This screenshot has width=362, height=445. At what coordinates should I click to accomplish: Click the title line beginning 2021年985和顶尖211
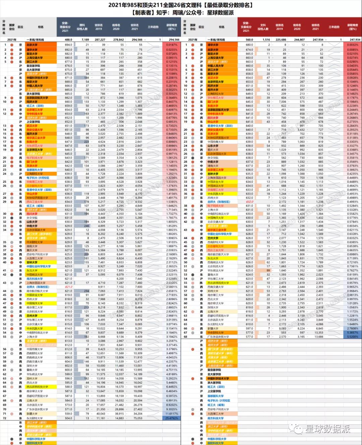click(x=181, y=5)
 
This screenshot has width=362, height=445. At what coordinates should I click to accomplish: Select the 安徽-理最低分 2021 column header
click(x=65, y=27)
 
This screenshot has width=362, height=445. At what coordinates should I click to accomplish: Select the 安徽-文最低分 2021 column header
click(x=246, y=27)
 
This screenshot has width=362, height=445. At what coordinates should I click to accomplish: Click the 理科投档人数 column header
click(x=82, y=27)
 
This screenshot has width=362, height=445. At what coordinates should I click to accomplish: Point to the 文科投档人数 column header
click(x=263, y=27)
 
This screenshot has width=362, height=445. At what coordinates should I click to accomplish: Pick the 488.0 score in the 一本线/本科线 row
click(x=68, y=40)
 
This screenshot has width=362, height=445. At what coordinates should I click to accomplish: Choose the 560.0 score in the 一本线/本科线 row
click(x=249, y=40)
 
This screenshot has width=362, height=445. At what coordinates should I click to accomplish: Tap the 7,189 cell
click(x=85, y=40)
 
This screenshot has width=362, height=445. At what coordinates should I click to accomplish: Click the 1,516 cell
click(x=266, y=40)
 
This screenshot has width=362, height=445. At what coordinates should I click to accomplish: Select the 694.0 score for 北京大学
click(x=68, y=45)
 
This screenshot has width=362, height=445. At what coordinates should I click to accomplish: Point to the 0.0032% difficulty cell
click(x=353, y=45)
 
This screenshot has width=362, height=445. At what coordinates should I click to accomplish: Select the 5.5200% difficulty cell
click(x=353, y=337)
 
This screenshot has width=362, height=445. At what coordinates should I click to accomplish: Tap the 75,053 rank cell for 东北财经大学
click(x=138, y=418)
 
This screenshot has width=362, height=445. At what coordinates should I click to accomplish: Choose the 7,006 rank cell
click(x=283, y=102)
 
